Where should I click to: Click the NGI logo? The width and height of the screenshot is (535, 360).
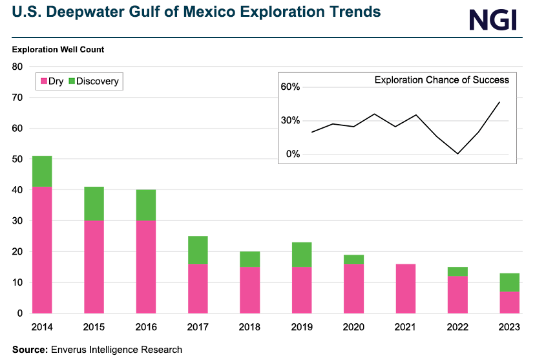pos(493,19)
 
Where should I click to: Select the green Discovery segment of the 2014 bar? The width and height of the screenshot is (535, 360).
pos(42,171)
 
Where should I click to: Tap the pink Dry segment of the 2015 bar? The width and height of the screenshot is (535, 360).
pos(94,267)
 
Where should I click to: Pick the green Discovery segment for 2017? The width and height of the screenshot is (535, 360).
pos(198,250)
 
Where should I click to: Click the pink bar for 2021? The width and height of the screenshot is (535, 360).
pos(405,288)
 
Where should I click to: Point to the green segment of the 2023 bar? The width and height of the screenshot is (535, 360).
pos(509,282)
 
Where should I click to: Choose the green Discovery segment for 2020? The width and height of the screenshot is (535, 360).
pos(353,259)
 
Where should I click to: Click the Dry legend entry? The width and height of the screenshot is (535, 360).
pos(52,81)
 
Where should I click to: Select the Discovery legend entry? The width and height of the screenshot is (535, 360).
pos(93,81)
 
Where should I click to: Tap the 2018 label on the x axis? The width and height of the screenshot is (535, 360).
pos(249,328)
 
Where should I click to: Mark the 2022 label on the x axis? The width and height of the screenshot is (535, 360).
pos(457,328)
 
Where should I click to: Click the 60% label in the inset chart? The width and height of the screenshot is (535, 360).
pos(290,87)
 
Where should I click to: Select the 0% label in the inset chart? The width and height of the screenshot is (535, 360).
pos(293,154)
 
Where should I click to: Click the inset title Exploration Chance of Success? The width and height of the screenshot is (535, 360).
pos(441,80)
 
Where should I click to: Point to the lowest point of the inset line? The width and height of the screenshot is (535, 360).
pos(457,154)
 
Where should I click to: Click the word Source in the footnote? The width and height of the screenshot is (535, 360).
pos(29,350)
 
